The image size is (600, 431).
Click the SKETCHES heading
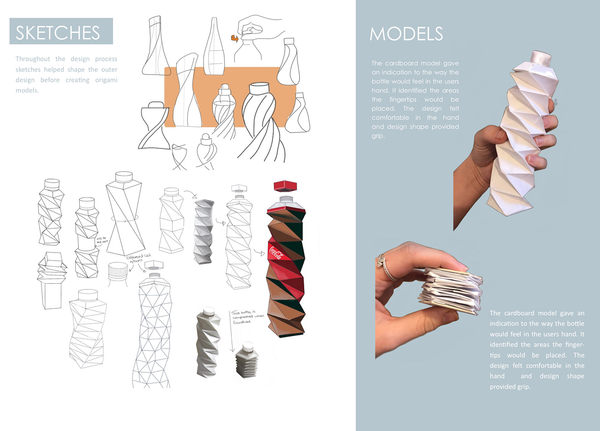tap(58, 33)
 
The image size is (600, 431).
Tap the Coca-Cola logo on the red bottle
tap(276, 252)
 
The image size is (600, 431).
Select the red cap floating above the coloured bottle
tap(285, 186)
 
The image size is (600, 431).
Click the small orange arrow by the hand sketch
tap(234, 38)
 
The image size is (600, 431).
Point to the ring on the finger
tap(385, 267)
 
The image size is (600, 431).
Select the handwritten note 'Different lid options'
tap(138, 258)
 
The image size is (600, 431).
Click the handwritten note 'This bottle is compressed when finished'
tap(247, 317)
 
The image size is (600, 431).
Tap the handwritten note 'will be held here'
tap(102, 240)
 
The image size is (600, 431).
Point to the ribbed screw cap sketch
tap(118, 271)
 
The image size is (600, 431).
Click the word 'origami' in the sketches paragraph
tap(106, 80)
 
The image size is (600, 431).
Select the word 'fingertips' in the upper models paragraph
tap(403, 99)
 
